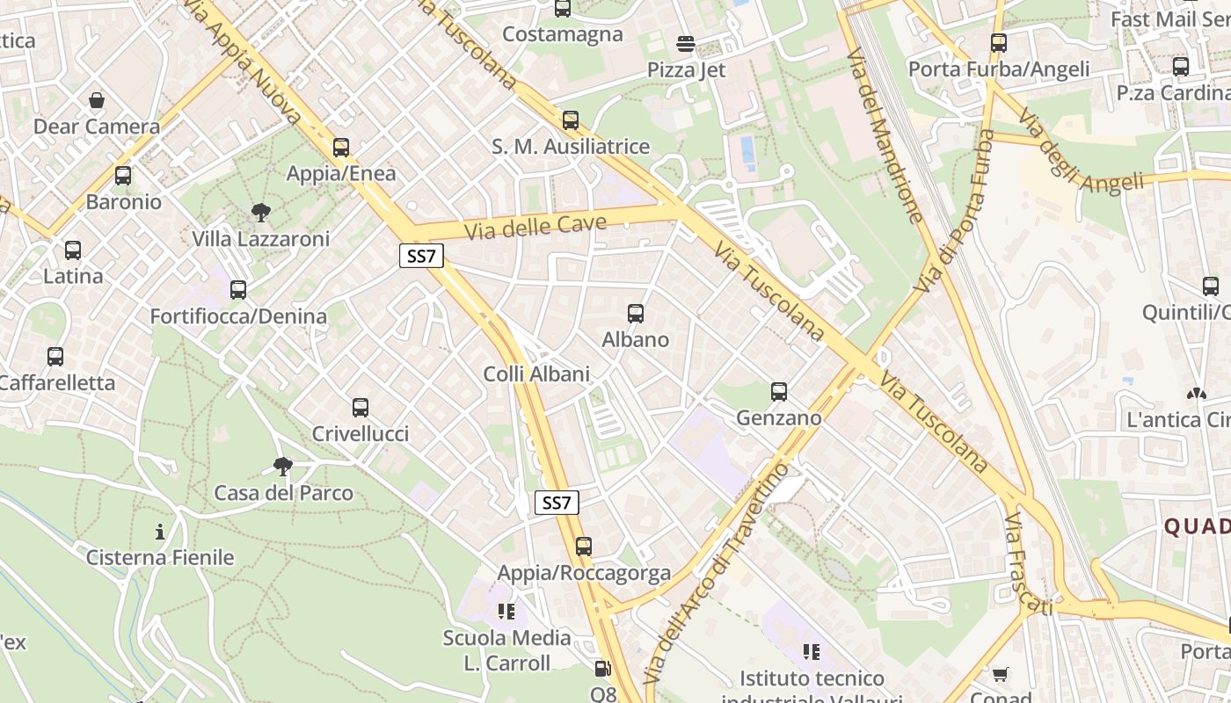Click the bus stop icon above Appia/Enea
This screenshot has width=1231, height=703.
(341, 148)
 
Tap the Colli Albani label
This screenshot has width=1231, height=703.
(536, 373)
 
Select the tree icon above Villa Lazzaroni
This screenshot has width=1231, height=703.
(260, 212)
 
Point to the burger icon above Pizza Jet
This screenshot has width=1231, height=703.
(686, 44)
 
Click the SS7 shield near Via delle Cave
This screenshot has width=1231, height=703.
(422, 257)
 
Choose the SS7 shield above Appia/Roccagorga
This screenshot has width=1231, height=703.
(557, 503)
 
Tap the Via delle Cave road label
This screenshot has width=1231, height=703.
(535, 227)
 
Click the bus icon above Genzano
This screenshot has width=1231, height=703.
(779, 392)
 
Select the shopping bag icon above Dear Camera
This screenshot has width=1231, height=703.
(97, 100)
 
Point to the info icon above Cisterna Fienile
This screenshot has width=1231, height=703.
(160, 532)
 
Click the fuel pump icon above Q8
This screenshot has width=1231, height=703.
(602, 670)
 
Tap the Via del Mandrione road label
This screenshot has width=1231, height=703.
(884, 136)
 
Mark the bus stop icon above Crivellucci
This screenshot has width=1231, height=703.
(361, 408)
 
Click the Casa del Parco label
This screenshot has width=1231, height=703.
(284, 493)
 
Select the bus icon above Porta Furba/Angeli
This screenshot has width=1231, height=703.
(999, 42)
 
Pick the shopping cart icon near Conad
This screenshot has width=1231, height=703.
(1000, 675)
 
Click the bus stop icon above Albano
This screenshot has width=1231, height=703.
(636, 313)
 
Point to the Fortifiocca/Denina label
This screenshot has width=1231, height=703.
(238, 316)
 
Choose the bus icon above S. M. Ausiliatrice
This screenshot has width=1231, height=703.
(571, 120)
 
